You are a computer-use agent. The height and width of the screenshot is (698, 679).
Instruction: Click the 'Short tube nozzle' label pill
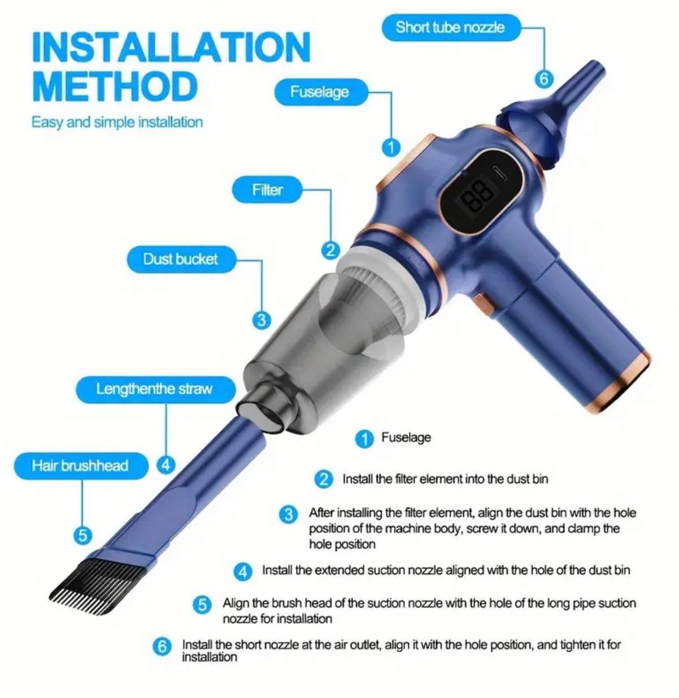(450, 28)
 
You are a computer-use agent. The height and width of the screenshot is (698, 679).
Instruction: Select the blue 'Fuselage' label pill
(320, 92)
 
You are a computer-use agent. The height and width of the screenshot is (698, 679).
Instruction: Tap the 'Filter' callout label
(267, 189)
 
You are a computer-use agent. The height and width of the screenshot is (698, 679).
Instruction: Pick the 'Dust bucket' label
(180, 259)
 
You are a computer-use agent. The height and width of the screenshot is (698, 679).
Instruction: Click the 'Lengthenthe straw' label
(154, 389)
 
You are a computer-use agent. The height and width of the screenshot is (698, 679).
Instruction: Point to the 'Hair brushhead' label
(80, 466)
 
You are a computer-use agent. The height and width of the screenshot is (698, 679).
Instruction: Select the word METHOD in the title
(115, 86)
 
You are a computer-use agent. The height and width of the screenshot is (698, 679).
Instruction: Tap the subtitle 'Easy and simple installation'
(117, 122)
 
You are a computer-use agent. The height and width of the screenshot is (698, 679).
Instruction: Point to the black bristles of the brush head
(79, 583)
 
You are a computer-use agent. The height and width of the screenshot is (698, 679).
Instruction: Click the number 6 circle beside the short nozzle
(543, 79)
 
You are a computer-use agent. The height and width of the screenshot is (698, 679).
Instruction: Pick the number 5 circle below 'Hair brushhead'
(82, 535)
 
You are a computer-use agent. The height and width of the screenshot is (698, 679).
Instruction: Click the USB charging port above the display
(499, 172)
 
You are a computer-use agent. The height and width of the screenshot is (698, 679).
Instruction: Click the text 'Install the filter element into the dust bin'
(445, 479)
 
